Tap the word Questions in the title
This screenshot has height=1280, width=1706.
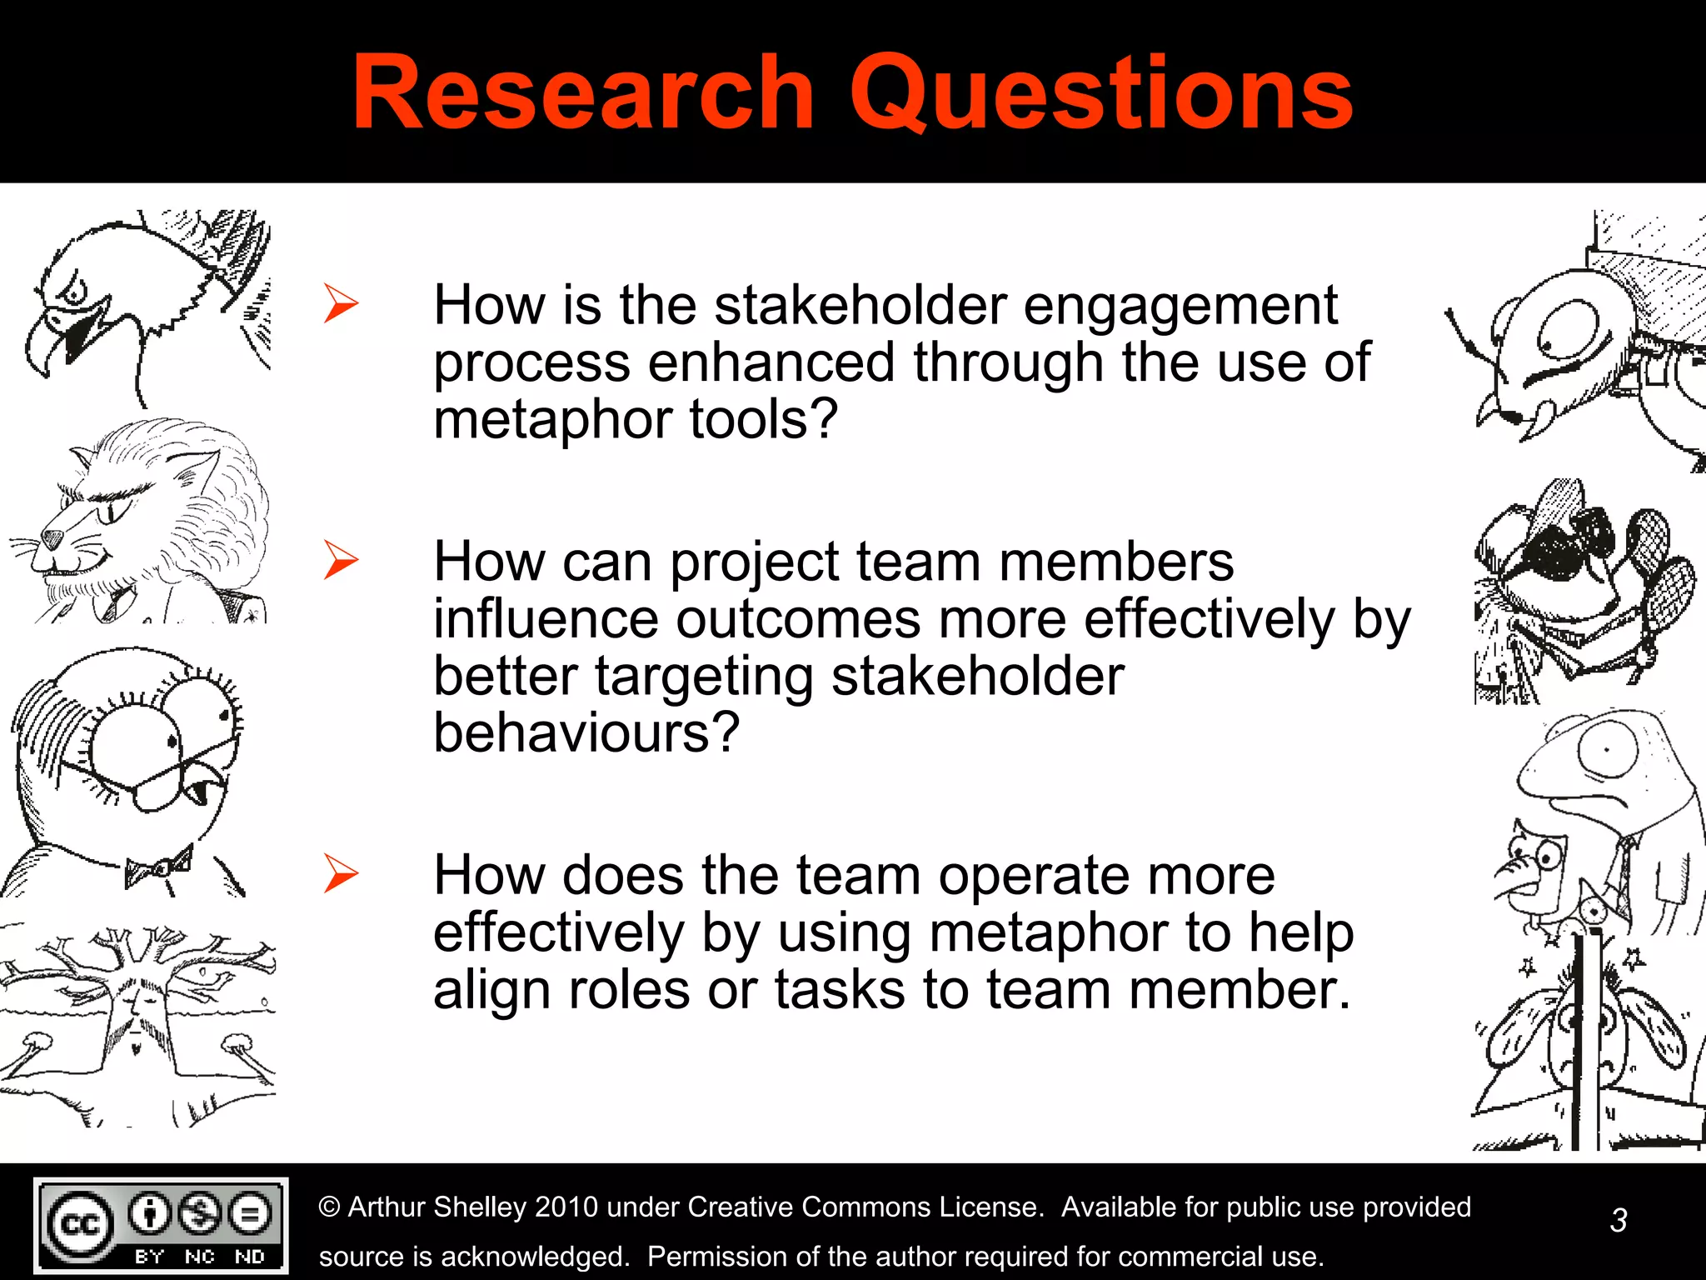click(1101, 93)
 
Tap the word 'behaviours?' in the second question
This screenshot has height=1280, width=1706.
click(586, 732)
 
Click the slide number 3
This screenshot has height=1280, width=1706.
click(1618, 1220)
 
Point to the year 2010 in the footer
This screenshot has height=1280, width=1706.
click(566, 1207)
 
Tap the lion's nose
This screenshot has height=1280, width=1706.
click(52, 537)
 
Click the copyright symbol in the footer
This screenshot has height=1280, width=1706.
click(330, 1207)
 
